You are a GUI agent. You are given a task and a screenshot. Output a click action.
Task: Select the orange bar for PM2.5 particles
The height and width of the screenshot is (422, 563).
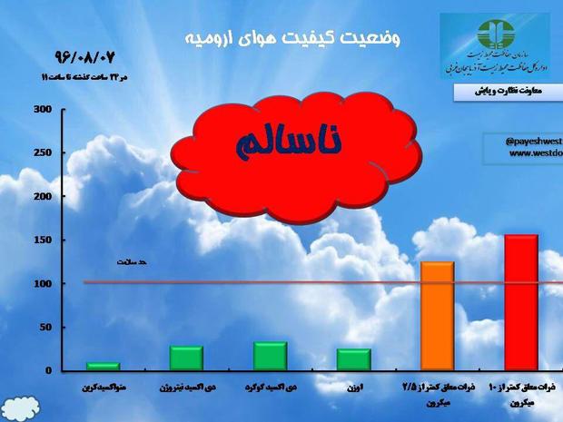coord(436,316)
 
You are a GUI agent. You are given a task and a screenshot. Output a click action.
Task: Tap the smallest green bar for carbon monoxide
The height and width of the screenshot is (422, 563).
coord(103,366)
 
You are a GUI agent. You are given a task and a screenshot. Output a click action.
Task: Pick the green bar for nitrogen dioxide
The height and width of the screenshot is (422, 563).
coord(186,358)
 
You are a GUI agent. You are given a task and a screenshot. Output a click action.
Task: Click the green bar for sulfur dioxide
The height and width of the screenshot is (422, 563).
coord(270,356)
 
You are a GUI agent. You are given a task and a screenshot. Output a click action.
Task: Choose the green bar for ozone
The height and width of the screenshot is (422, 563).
coord(354,359)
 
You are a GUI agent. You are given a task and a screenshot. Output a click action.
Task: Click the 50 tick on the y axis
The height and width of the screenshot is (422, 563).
coord(44,327)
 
